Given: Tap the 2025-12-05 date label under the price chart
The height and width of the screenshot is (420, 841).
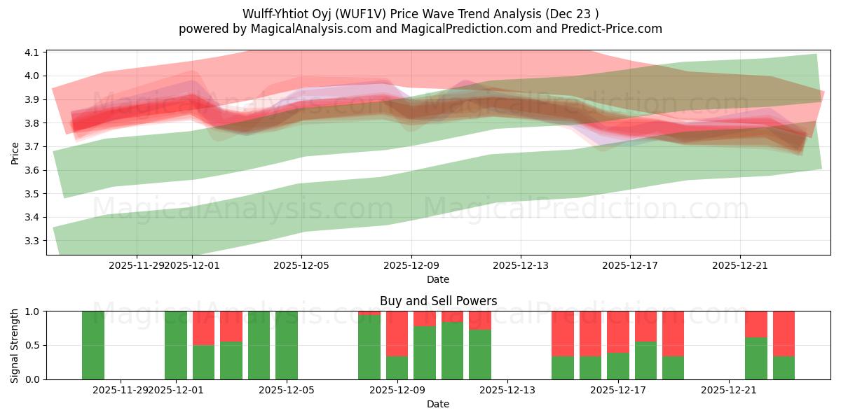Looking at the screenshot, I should (301, 265).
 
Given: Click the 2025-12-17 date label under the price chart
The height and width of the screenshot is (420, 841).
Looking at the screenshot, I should (630, 265).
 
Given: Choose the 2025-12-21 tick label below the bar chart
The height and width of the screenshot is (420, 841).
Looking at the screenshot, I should (730, 390).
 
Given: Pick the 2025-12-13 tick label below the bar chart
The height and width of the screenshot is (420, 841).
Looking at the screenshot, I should (507, 390).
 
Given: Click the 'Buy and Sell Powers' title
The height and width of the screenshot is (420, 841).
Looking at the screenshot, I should (438, 301).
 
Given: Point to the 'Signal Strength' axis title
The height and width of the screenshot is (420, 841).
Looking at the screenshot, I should (15, 345).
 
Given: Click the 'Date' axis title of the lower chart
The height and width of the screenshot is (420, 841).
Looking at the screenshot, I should (438, 404).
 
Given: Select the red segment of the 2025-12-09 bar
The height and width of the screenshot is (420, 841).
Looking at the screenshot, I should (397, 334).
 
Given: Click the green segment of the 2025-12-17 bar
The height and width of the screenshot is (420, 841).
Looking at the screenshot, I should (618, 366).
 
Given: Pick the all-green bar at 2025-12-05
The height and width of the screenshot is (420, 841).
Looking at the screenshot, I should (287, 345).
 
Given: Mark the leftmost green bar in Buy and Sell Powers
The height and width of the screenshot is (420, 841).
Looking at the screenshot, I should (93, 345).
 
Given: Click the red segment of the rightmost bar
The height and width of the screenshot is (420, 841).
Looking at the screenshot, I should (784, 334).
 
